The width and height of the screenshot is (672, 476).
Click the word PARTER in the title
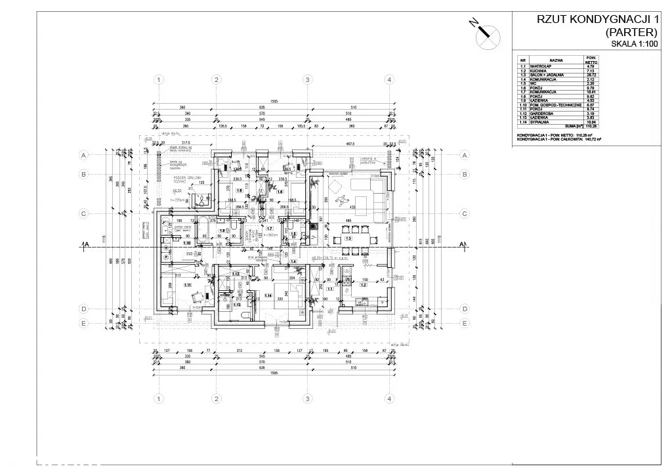631,32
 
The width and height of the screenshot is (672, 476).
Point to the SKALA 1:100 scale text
633,44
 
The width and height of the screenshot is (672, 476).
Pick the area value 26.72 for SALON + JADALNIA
589,75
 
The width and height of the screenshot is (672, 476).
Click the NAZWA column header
557,58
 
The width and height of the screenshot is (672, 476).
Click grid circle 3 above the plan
306,79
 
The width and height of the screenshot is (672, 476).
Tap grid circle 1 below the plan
158,399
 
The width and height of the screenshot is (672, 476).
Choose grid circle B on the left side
83,174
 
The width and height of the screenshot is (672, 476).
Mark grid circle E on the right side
464,323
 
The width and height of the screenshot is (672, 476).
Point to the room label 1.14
268,295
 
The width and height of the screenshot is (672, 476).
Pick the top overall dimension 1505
272,102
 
